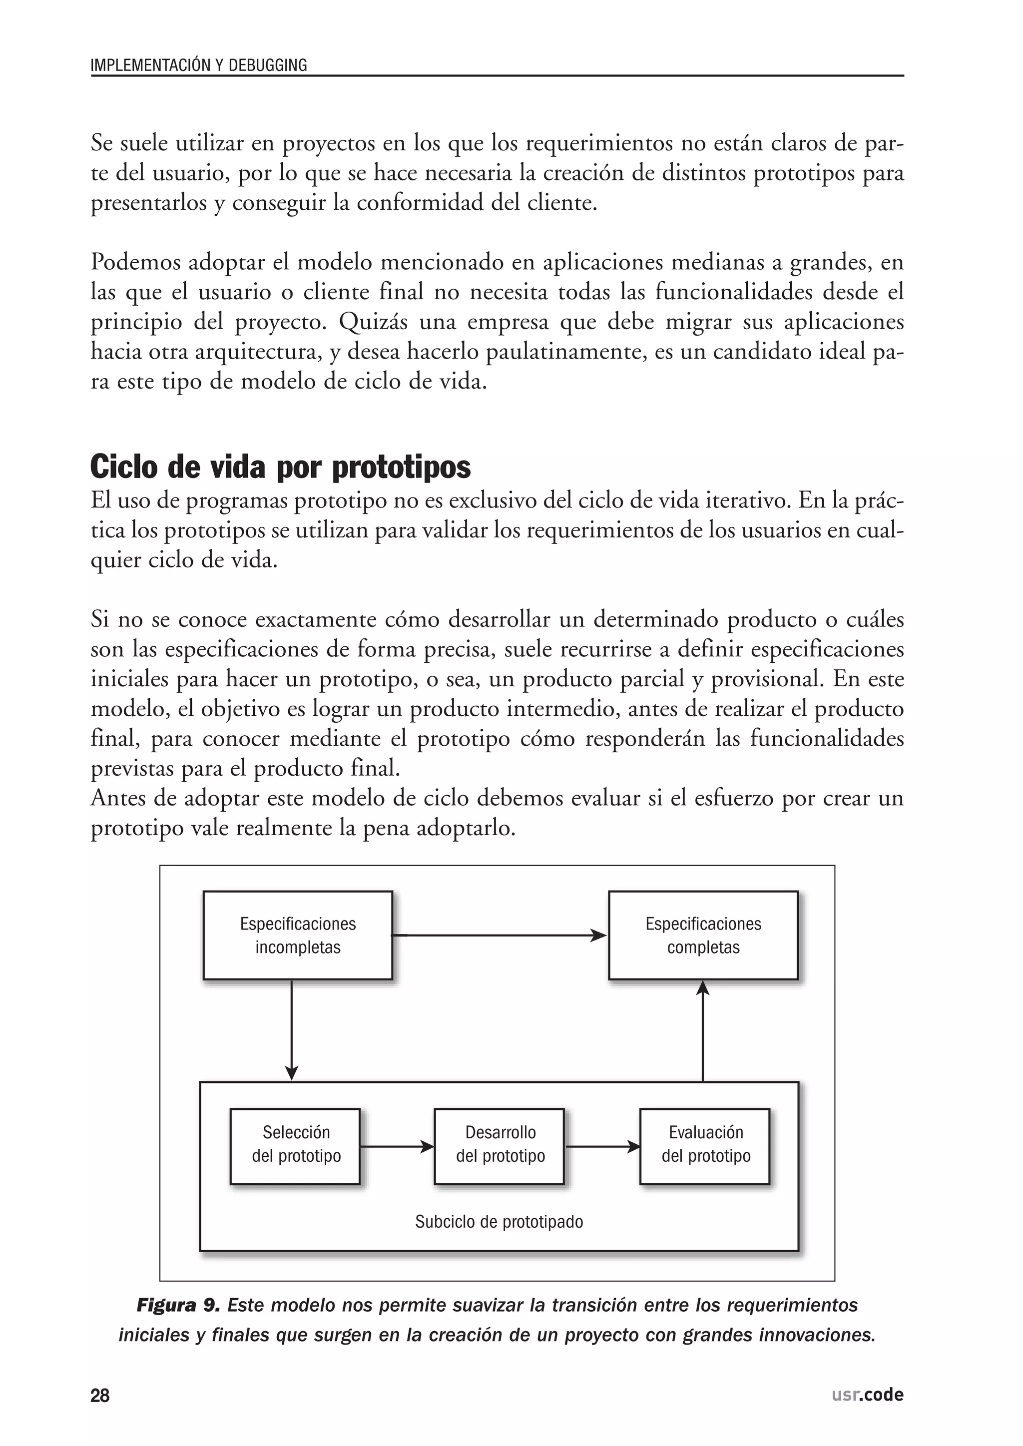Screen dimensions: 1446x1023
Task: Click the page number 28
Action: click(x=100, y=1396)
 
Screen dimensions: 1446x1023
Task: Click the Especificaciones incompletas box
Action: click(x=297, y=935)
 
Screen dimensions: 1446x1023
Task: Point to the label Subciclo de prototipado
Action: click(x=499, y=1222)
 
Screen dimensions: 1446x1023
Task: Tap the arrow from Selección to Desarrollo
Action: click(x=397, y=1146)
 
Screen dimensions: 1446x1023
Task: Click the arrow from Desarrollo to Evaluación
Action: click(x=602, y=1146)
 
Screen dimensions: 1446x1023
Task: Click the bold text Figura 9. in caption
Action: click(x=178, y=1305)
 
